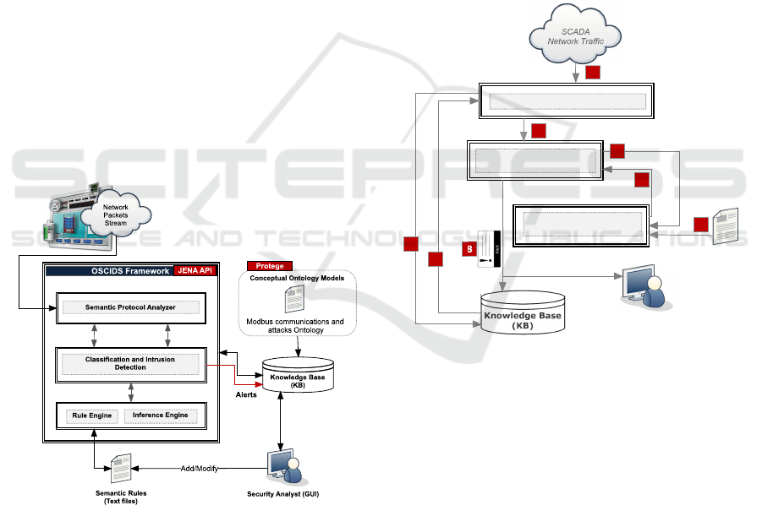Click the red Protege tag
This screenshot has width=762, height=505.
pos(269,266)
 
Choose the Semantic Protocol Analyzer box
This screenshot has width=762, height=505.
pos(130,307)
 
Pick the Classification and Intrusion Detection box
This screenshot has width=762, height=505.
pos(130,364)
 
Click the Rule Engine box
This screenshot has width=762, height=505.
pos(89,415)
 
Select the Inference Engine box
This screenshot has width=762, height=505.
pos(160,415)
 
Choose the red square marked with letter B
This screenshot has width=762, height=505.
pos(468,249)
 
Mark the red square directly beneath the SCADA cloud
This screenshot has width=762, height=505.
pos(592,72)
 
